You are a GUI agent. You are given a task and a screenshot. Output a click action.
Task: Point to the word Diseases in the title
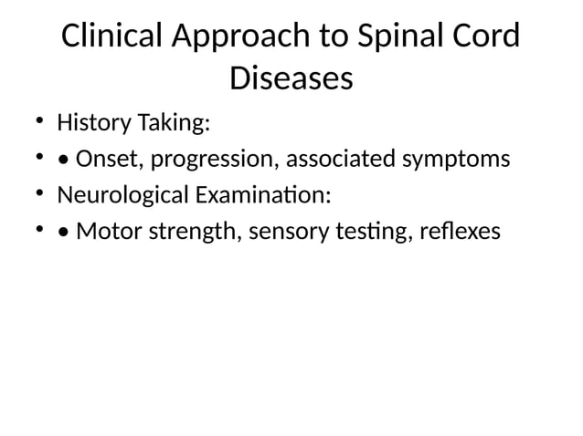[x=291, y=78]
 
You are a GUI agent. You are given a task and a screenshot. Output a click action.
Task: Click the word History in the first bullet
[x=91, y=123]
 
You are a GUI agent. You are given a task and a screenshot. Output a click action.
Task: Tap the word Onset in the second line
[x=108, y=160]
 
